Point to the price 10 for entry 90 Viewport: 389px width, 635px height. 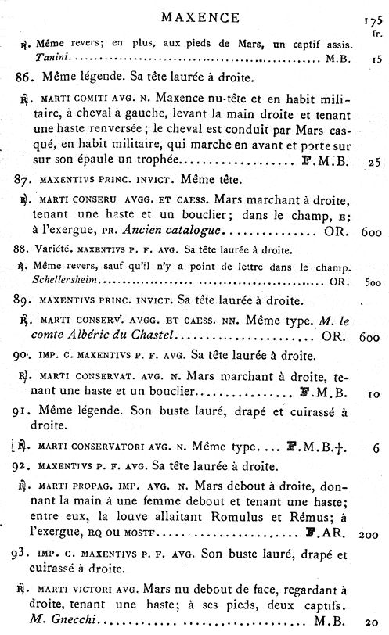pyautogui.click(x=373, y=394)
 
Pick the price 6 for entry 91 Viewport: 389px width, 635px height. pyautogui.click(x=376, y=448)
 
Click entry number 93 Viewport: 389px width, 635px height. pyautogui.click(x=27, y=556)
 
